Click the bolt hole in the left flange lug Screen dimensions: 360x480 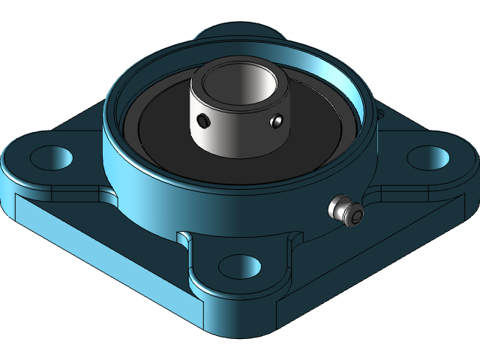click(52, 157)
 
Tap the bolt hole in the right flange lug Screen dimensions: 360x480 click(428, 157)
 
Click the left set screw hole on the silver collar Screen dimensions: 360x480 click(202, 120)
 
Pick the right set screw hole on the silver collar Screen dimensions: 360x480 click(277, 119)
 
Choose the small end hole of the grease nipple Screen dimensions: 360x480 click(357, 217)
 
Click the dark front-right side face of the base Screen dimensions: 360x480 click(375, 277)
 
